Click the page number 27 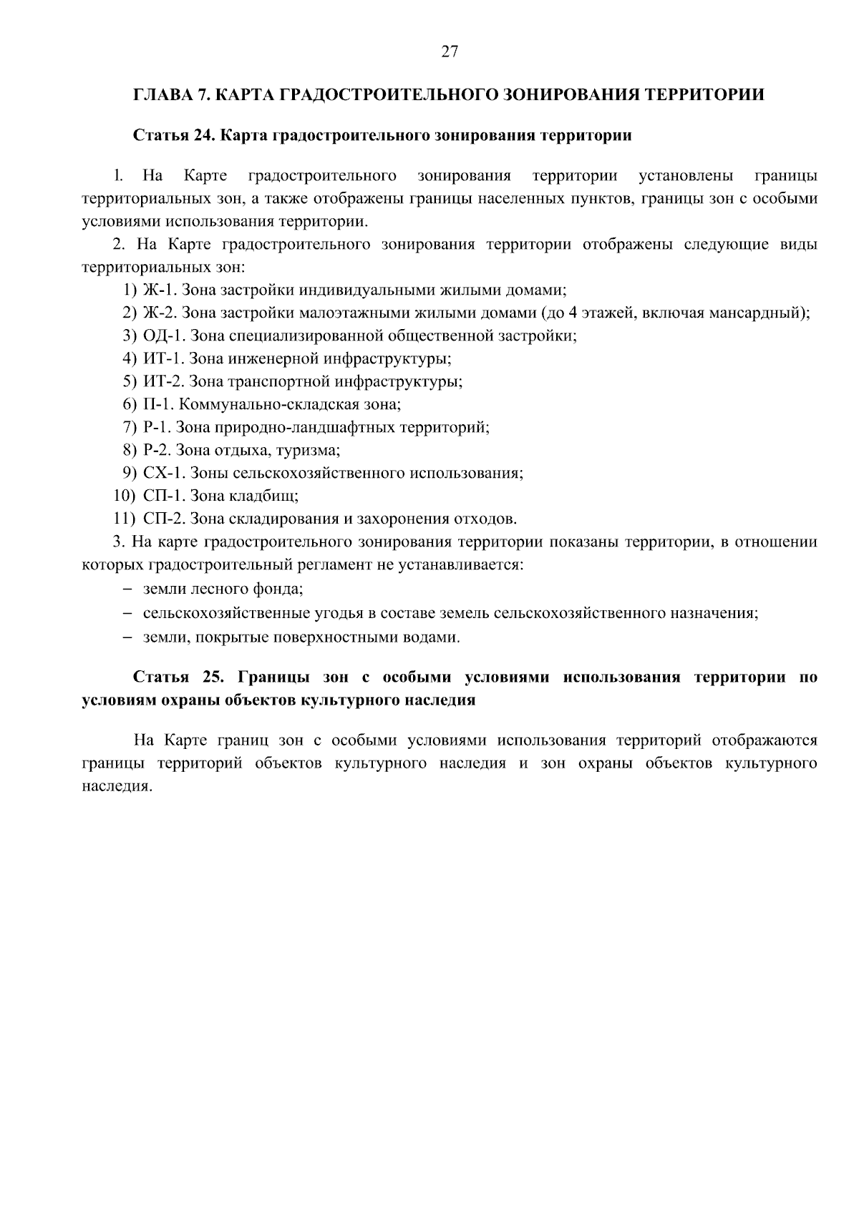point(450,52)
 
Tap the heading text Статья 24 point(173,136)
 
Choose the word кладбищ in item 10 point(272,496)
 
